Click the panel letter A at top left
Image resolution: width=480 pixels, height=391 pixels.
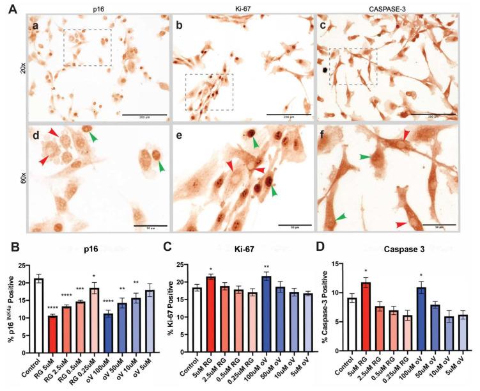click(6, 8)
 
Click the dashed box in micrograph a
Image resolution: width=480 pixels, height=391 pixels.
click(88, 47)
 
